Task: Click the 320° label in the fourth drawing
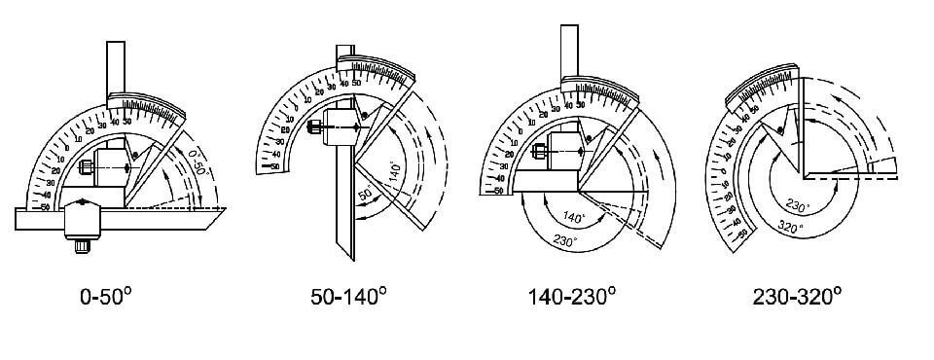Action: [790, 229]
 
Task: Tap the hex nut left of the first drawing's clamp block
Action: [85, 169]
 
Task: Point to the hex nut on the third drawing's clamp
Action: [536, 147]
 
